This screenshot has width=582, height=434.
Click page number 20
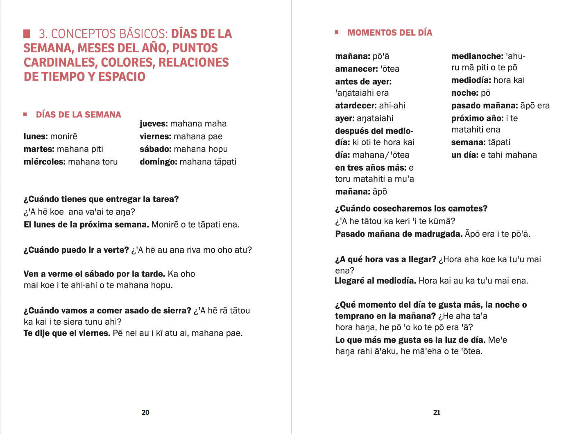pos(145,412)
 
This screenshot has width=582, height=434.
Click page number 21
pos(437,412)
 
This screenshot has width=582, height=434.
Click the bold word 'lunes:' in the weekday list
pos(36,136)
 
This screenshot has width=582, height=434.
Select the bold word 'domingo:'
pos(158,162)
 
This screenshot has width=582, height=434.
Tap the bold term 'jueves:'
pos(154,124)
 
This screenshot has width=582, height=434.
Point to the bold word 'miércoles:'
pos(44,162)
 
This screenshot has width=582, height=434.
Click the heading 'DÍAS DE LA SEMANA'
pos(78,115)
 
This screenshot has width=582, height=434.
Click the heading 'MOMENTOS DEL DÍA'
pos(390,33)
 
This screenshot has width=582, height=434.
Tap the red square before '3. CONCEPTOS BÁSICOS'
pos(27,34)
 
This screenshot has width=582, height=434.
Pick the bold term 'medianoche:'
pos(477,56)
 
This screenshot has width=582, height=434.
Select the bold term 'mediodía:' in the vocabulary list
pos(471,80)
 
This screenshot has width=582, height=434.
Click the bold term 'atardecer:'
pos(356,106)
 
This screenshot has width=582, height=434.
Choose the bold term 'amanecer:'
pos(356,69)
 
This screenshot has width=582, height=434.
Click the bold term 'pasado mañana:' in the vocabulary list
pos(485,106)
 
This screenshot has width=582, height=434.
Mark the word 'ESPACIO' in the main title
pos(122,77)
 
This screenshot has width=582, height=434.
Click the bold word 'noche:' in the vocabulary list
pos(464,93)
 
